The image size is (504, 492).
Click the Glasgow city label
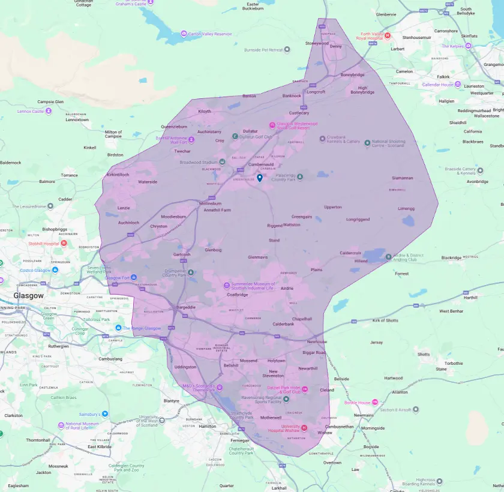[29, 296]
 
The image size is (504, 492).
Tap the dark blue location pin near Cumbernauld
[260, 178]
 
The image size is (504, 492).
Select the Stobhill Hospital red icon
[64, 244]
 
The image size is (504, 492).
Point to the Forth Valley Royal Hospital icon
[388, 35]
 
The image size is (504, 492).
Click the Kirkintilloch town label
[118, 175]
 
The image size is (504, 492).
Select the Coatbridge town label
[237, 295]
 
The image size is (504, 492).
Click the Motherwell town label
[271, 417]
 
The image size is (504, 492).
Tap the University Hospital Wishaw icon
[304, 427]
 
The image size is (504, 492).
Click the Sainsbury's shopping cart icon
[105, 413]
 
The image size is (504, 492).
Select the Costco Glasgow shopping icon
[55, 271]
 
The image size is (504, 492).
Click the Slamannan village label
[402, 178]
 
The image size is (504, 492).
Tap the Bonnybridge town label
[352, 75]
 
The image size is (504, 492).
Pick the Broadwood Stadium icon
[222, 162]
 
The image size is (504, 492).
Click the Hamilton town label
[207, 426]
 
